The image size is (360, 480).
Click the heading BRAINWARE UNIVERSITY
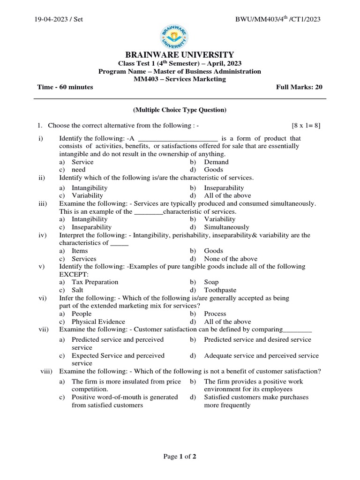(x=180, y=55)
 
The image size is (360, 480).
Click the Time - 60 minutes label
(x=65, y=87)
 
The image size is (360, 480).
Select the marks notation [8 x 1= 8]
(x=306, y=126)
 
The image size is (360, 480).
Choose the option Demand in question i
(x=216, y=162)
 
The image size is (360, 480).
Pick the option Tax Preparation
(x=95, y=282)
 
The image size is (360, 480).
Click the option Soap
(x=211, y=282)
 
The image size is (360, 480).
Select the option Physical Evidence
(x=98, y=322)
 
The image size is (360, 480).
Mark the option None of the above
(x=230, y=259)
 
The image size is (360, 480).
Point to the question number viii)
(x=47, y=371)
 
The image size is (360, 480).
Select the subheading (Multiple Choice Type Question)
(x=180, y=110)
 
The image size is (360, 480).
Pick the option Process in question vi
(x=215, y=314)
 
